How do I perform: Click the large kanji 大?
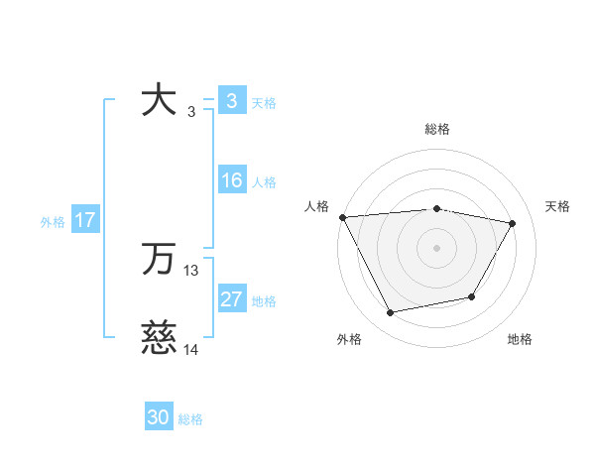[159, 101]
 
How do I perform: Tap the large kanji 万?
[159, 260]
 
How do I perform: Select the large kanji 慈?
[159, 338]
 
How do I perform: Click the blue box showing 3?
[231, 101]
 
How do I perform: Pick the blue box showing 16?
[232, 181]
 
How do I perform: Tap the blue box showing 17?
[85, 220]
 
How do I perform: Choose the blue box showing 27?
[232, 299]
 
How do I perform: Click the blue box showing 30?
[159, 417]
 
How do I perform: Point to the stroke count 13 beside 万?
[191, 270]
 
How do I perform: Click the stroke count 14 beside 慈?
[191, 349]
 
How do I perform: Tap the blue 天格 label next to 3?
[264, 102]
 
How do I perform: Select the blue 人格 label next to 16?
[264, 182]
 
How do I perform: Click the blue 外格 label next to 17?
[53, 222]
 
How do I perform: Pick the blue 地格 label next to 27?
[264, 300]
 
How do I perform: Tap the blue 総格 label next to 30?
[190, 419]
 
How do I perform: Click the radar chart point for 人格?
[342, 217]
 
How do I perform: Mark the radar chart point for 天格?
[513, 224]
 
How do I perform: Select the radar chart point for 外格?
[391, 313]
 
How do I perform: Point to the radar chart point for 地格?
[472, 296]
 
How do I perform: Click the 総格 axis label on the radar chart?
[437, 129]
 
